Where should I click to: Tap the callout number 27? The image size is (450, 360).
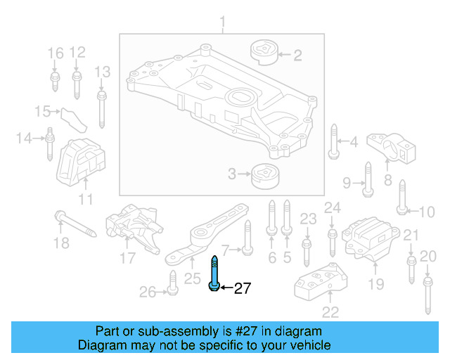pyautogui.click(x=242, y=288)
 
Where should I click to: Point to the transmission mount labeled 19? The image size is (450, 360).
pyautogui.click(x=368, y=242)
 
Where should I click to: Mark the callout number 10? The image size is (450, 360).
pyautogui.click(x=427, y=210)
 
